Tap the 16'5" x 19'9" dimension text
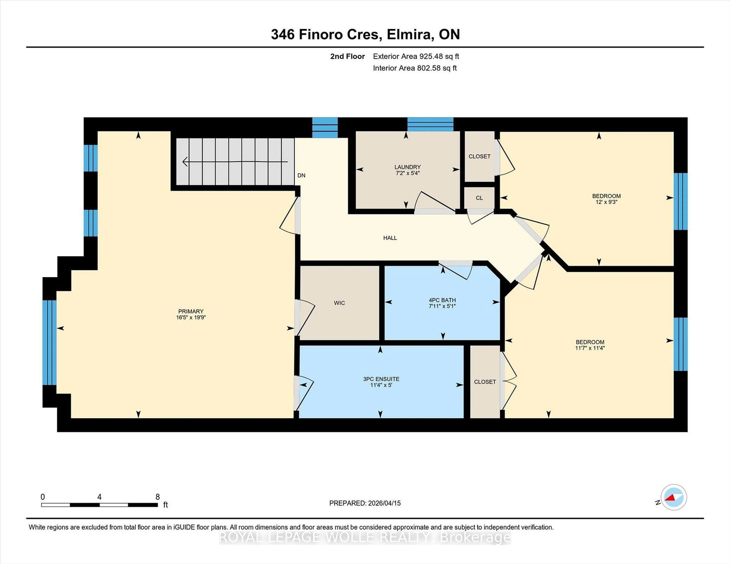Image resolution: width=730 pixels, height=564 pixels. coord(191,317)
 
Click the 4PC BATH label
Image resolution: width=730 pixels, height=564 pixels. coord(442,300)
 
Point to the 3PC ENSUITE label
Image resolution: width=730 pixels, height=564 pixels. coord(381,379)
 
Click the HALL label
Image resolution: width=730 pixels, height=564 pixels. coord(390,238)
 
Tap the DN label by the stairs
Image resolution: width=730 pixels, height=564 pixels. coord(301,175)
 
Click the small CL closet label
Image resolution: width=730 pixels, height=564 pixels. coord(479,198)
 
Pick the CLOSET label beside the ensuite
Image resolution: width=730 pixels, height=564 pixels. coord(485,382)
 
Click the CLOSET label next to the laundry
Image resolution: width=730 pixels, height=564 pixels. coord(479,156)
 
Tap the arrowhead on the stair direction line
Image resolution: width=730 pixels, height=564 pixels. coord(185,162)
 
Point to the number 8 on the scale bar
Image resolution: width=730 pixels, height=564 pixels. coord(157,497)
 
